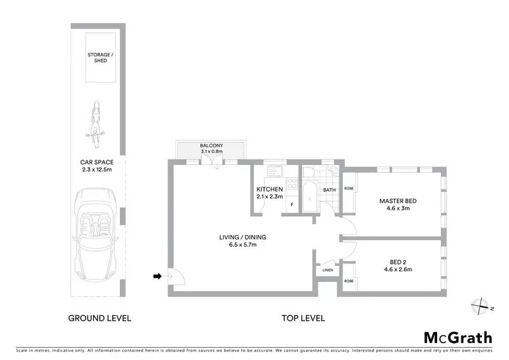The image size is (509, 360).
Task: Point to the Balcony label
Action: (x=209, y=145)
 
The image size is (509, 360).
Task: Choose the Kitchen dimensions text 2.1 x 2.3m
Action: (x=268, y=196)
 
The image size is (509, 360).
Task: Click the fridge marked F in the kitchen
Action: (x=292, y=204)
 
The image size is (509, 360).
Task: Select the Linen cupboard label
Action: (x=327, y=270)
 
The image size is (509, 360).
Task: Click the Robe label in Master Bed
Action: (x=350, y=188)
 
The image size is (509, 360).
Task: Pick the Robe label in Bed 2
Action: (x=350, y=281)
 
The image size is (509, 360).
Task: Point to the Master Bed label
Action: (x=398, y=201)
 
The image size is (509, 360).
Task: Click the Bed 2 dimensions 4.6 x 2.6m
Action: (x=398, y=270)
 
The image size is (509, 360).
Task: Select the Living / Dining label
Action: (x=242, y=237)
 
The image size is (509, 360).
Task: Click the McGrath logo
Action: (x=459, y=338)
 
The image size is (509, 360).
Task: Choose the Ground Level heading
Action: (x=99, y=318)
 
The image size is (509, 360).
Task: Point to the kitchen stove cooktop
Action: (x=292, y=183)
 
